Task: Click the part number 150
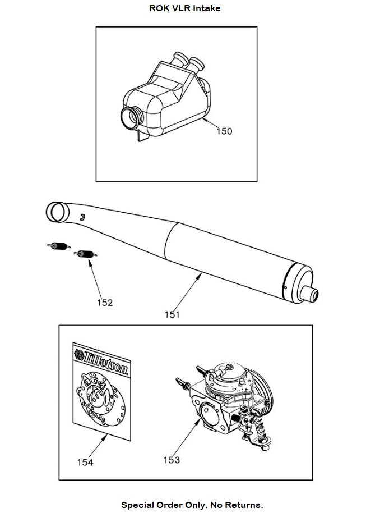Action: coord(224,131)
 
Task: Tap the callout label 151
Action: coord(172,314)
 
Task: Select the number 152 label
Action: coord(105,303)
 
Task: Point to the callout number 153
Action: coord(172,460)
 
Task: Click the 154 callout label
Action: coord(85,462)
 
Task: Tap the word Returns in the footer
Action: coord(244,505)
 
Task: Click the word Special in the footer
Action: coord(138,505)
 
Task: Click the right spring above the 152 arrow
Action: coord(86,254)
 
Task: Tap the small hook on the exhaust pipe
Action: coord(82,216)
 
